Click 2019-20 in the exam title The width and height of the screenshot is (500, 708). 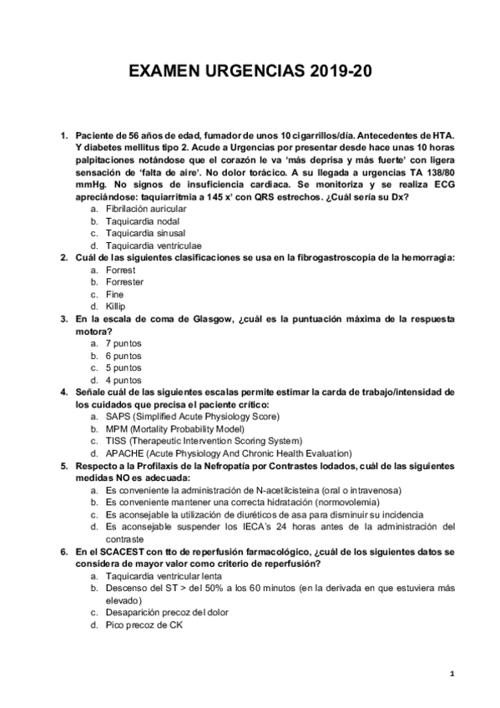(337, 73)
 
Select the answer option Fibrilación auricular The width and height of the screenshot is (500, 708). (143, 209)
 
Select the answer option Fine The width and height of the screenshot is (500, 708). (115, 295)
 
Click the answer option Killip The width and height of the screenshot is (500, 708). (116, 306)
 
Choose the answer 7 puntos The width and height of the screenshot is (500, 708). (123, 343)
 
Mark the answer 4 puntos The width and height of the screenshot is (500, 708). (123, 379)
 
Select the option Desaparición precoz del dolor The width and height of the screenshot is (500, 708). (167, 612)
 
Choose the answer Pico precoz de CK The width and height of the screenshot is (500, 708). (144, 625)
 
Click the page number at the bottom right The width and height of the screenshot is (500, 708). (451, 673)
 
